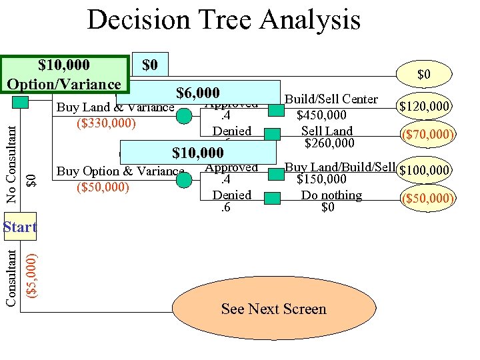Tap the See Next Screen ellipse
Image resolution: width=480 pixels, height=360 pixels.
[273, 309]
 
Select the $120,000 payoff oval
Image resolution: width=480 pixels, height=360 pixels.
[425, 105]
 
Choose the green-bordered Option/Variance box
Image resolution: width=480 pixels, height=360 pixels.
[64, 75]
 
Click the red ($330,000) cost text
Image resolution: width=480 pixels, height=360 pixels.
[106, 123]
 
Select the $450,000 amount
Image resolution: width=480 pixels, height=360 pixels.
[321, 115]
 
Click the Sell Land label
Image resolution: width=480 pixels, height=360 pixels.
[327, 131]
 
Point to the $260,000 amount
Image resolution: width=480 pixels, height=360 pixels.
[329, 143]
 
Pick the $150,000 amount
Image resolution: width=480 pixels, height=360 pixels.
[321, 179]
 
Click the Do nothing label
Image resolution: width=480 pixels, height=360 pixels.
[331, 195]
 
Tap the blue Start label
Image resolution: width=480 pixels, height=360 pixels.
[20, 227]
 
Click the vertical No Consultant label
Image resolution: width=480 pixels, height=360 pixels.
[11, 159]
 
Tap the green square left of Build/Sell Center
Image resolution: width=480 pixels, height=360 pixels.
[275, 109]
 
